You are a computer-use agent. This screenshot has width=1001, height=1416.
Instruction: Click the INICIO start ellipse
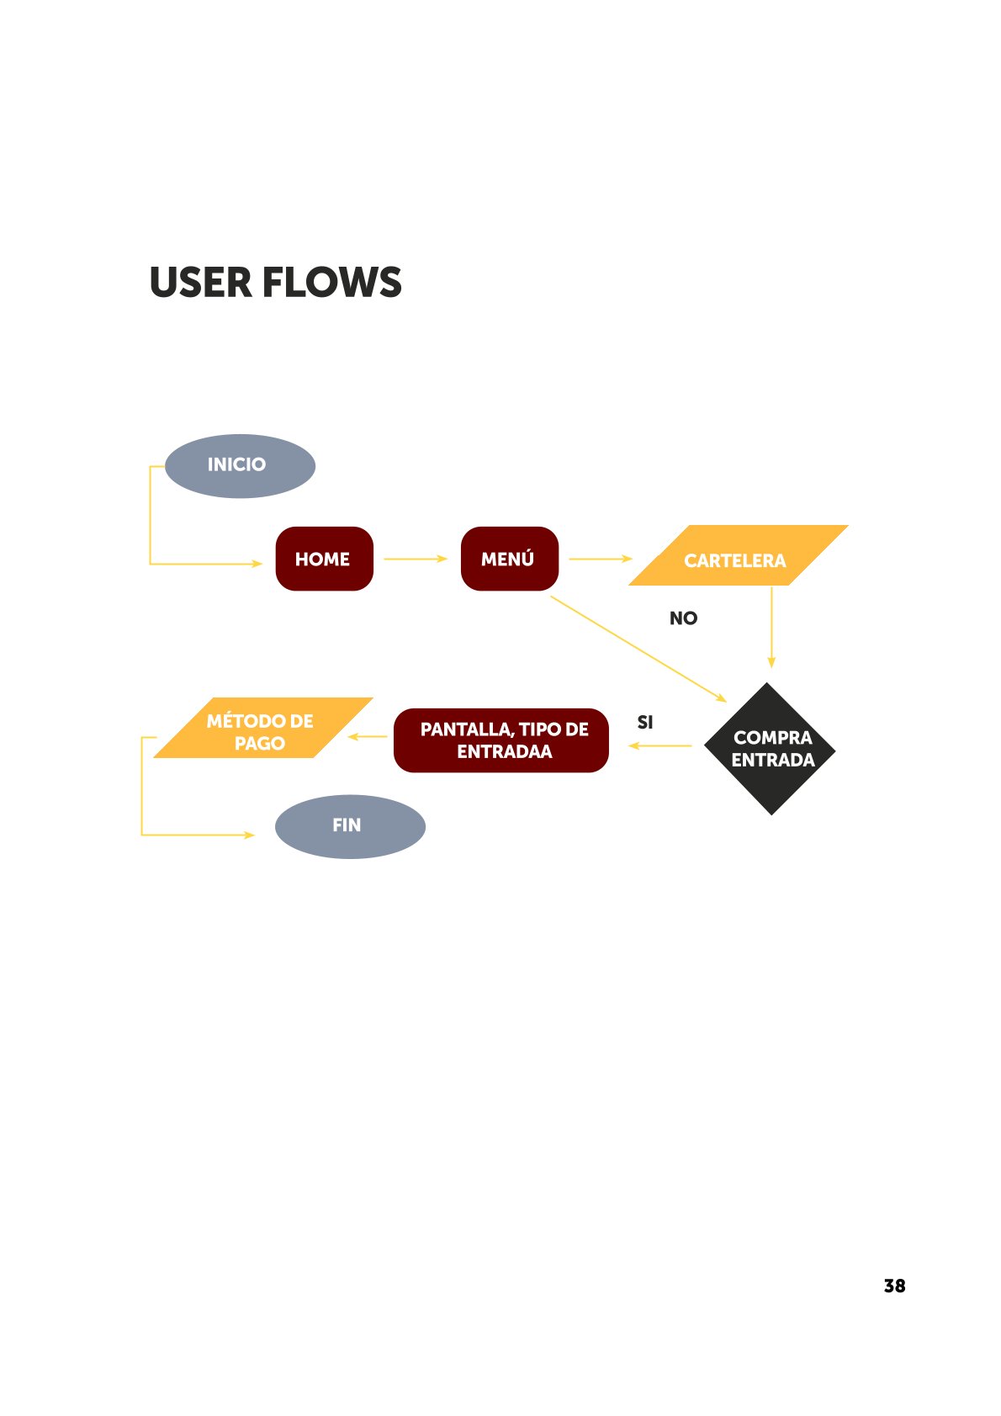pyautogui.click(x=240, y=465)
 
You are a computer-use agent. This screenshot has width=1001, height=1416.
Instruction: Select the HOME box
pyautogui.click(x=324, y=559)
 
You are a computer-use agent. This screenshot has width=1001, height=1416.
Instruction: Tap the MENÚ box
pyautogui.click(x=509, y=559)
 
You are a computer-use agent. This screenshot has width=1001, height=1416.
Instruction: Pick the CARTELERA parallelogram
pyautogui.click(x=738, y=556)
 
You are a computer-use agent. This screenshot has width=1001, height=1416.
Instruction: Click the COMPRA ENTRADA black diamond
pyautogui.click(x=771, y=748)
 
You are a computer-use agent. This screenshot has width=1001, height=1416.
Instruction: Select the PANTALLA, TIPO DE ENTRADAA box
pyautogui.click(x=501, y=740)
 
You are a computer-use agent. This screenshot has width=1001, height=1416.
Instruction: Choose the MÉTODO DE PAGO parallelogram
pyautogui.click(x=261, y=729)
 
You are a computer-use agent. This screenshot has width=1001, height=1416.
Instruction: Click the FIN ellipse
pyautogui.click(x=350, y=826)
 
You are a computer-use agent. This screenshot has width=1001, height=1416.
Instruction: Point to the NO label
pyautogui.click(x=683, y=618)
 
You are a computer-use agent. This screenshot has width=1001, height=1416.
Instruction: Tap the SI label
pyautogui.click(x=645, y=723)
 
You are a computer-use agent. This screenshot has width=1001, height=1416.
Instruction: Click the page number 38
pyautogui.click(x=894, y=1286)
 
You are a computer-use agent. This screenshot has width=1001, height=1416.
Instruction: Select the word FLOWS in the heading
pyautogui.click(x=332, y=283)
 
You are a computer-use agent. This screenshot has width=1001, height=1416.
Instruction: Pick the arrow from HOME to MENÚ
pyautogui.click(x=416, y=559)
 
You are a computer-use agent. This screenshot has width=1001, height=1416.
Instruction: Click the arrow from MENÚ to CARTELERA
pyautogui.click(x=600, y=559)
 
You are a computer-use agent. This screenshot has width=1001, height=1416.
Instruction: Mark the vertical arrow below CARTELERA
pyautogui.click(x=771, y=627)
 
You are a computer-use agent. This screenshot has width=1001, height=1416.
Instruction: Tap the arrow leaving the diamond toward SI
pyautogui.click(x=661, y=745)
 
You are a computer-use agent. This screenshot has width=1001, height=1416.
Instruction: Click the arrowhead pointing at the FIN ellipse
pyautogui.click(x=250, y=835)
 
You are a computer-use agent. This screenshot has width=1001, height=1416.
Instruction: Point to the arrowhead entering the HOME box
pyautogui.click(x=258, y=564)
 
